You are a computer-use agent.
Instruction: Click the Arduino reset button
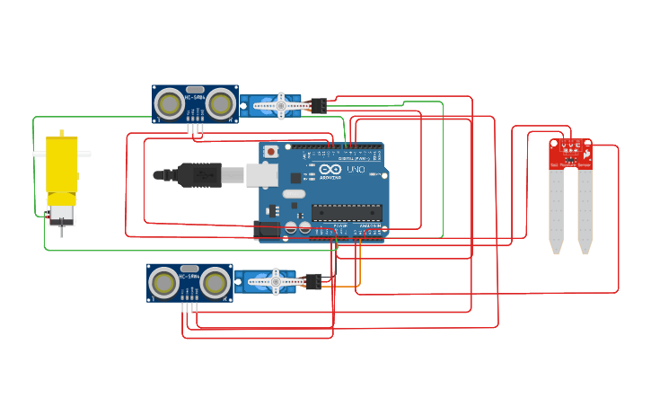click(271, 152)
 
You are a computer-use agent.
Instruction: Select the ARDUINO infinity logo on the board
click(330, 169)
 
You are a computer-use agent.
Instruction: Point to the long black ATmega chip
click(347, 212)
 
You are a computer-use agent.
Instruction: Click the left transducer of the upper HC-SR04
click(169, 104)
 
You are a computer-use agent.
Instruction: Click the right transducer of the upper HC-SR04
click(220, 104)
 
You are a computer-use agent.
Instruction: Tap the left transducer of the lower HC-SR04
click(163, 283)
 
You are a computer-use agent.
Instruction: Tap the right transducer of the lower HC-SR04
click(215, 283)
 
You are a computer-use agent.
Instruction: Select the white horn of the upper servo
click(280, 105)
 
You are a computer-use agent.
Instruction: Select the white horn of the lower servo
click(276, 281)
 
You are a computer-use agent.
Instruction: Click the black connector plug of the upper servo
click(317, 105)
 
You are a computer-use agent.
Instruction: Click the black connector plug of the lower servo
click(312, 281)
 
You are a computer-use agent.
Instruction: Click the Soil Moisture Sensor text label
click(570, 165)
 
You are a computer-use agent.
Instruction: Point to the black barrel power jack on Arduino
click(267, 230)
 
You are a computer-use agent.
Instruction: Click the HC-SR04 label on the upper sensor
click(195, 96)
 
